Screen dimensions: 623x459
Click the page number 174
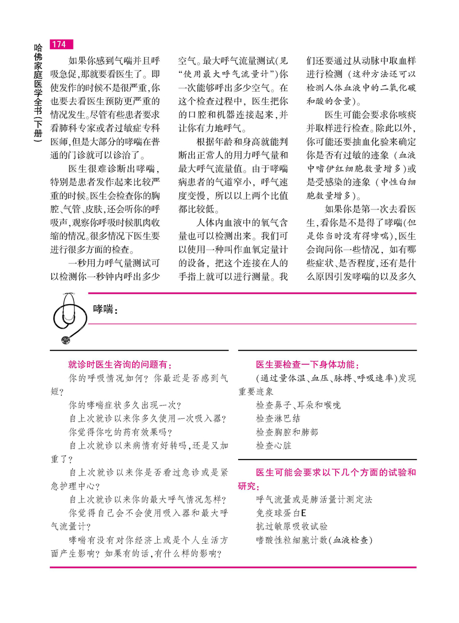pyautogui.click(x=59, y=44)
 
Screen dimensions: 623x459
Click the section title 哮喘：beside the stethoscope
pyautogui.click(x=105, y=310)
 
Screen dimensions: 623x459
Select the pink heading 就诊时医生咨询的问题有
pyautogui.click(x=120, y=364)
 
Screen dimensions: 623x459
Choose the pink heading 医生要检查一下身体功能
pyautogui.click(x=308, y=364)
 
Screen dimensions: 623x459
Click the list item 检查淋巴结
pyautogui.click(x=278, y=418)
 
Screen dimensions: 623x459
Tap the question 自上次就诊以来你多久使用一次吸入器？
pyautogui.click(x=147, y=418)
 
